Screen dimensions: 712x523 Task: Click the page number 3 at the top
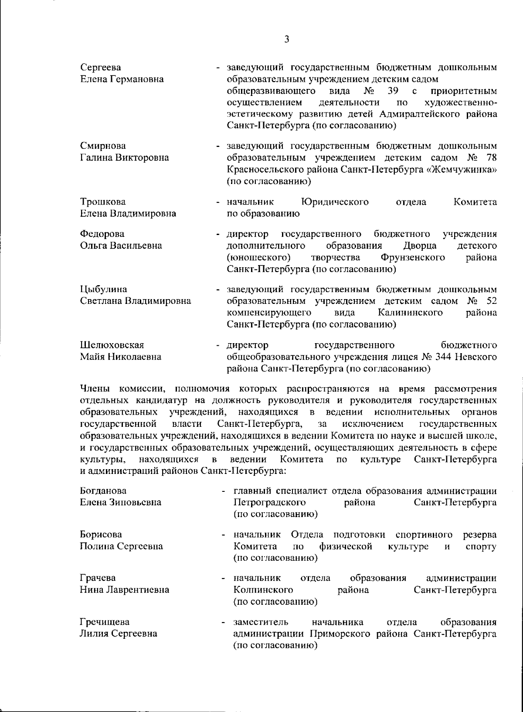[x=286, y=40]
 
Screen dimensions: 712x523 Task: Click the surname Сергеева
[x=101, y=68]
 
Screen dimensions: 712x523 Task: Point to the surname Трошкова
[x=102, y=202]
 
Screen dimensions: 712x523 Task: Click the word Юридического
[x=335, y=202]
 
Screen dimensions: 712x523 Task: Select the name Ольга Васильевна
[x=121, y=245]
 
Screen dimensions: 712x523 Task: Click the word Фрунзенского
[x=412, y=257]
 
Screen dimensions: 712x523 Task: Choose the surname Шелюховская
[x=112, y=345]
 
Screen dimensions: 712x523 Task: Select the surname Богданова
[x=103, y=491]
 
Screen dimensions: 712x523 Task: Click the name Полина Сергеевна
[x=122, y=546]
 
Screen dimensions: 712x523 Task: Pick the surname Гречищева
[x=105, y=622]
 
